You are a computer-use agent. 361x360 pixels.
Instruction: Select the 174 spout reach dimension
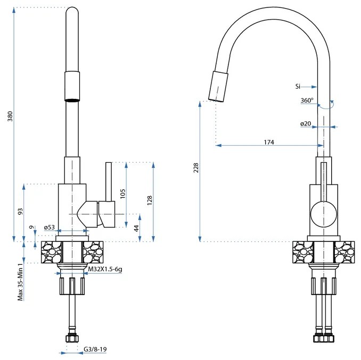click(268, 141)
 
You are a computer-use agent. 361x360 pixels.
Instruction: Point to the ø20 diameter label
click(306, 124)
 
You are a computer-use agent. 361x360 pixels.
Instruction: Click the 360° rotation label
click(307, 101)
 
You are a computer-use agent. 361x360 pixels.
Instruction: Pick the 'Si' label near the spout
click(298, 86)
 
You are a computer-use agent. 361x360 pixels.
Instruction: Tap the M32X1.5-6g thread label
click(105, 270)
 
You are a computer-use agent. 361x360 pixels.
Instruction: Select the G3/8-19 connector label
click(96, 349)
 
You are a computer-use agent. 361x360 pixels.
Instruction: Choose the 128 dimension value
click(150, 200)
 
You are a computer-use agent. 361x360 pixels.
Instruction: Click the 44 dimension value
click(136, 228)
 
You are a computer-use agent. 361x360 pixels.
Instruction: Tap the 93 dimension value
click(20, 211)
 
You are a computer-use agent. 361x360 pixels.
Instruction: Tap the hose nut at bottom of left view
click(71, 339)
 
